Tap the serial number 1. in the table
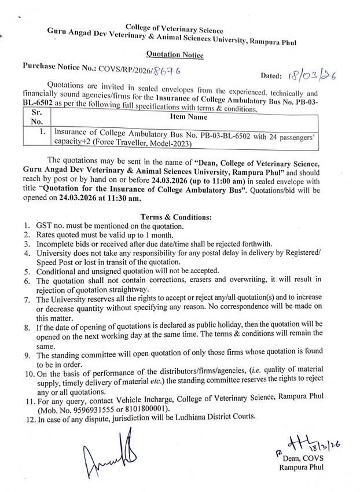(x=42, y=133)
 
